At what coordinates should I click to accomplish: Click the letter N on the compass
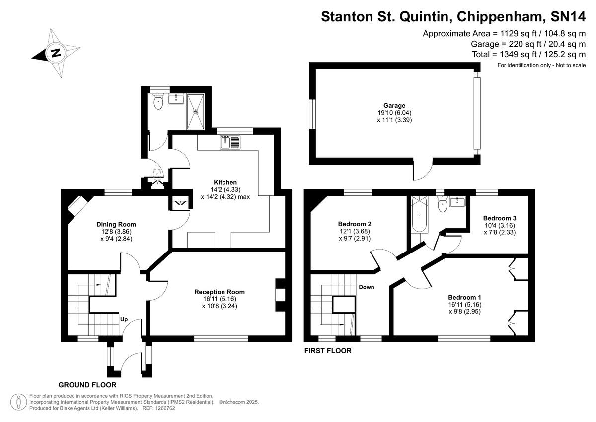(56, 53)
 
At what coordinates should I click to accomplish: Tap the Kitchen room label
(225, 182)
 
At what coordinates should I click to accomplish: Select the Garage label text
(394, 105)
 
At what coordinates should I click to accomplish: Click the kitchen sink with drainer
(230, 142)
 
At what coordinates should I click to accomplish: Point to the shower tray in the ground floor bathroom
(196, 111)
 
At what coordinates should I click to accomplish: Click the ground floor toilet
(158, 102)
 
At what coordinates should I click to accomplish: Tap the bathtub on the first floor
(419, 214)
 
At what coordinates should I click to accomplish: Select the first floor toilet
(443, 204)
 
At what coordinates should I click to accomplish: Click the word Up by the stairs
(124, 319)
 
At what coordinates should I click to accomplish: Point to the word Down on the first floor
(367, 287)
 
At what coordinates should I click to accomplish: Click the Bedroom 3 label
(500, 218)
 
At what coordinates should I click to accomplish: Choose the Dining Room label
(116, 224)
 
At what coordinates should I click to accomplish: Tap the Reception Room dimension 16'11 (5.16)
(220, 299)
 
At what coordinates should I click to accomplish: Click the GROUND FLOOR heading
(87, 385)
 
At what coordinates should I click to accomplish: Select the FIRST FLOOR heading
(328, 351)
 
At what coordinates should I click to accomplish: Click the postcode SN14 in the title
(568, 17)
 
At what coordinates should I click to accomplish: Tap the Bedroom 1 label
(464, 297)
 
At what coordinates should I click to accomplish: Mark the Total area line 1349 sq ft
(528, 54)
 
